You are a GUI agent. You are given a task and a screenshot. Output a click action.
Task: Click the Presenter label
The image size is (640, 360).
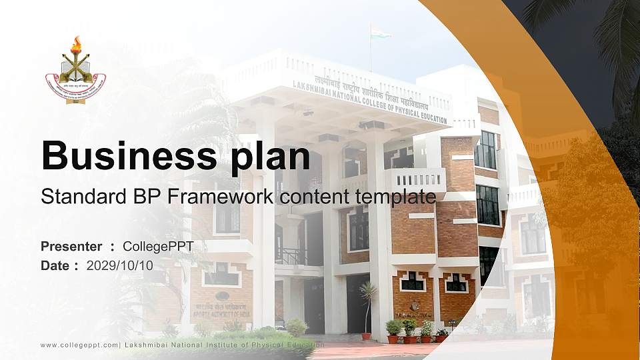click(x=71, y=247)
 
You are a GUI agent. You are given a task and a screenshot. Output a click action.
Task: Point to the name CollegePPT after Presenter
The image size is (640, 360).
click(x=159, y=247)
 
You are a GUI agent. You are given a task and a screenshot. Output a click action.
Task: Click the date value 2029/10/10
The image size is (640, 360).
click(x=120, y=265)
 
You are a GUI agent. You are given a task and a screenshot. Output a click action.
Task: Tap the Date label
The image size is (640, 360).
click(x=55, y=265)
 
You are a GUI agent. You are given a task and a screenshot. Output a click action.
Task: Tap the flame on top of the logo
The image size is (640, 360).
click(x=76, y=44)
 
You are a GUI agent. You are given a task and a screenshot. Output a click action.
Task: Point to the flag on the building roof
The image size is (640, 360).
click(x=379, y=31)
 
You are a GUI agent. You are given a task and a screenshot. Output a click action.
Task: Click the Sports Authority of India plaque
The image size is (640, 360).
click(x=222, y=308)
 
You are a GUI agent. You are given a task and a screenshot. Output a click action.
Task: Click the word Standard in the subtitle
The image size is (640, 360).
click(x=69, y=197)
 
